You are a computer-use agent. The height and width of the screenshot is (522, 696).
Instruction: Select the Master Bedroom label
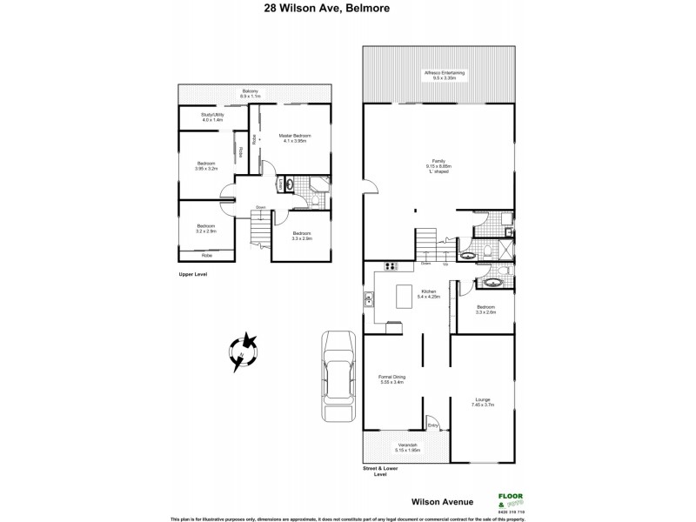[295, 138]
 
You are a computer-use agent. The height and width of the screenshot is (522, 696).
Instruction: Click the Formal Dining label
[390, 378]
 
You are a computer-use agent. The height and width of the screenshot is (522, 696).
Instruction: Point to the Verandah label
[406, 447]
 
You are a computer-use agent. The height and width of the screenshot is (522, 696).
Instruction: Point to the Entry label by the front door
[432, 425]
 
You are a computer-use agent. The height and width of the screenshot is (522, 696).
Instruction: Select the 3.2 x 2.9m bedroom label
[205, 229]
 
